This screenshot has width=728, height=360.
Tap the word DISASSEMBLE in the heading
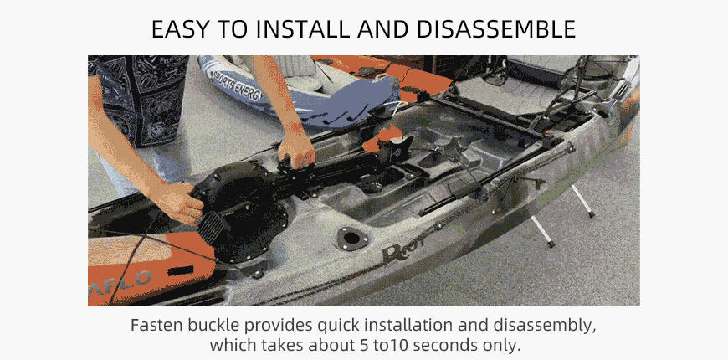tap(496, 29)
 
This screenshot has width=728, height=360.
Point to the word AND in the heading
tap(383, 29)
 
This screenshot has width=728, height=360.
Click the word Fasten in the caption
tap(157, 325)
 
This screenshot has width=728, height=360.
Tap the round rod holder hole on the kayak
tap(351, 239)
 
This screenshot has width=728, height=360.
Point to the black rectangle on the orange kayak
tap(181, 270)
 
